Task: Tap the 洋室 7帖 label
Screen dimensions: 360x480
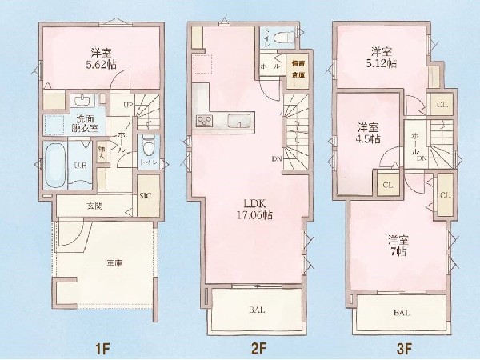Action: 398,245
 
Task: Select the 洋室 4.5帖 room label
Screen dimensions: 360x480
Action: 368,132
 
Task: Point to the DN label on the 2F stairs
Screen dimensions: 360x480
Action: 275,158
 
